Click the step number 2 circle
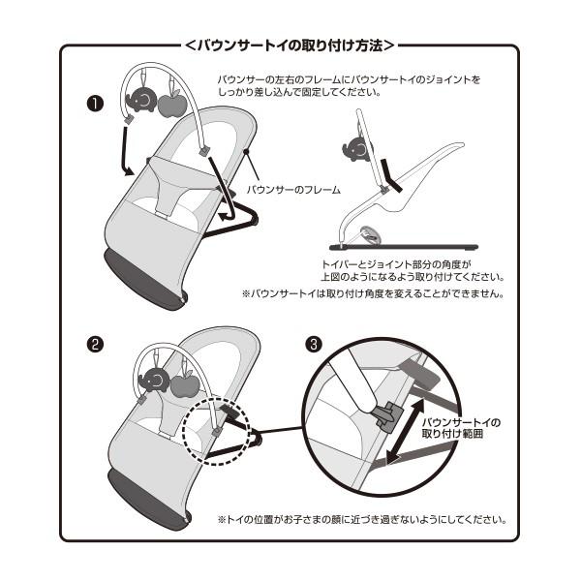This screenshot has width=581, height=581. (95, 344)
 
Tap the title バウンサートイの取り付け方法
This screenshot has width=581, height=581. (290, 45)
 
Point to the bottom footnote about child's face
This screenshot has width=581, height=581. (360, 519)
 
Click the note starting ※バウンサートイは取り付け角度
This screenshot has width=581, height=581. (372, 292)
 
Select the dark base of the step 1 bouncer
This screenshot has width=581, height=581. (145, 281)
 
